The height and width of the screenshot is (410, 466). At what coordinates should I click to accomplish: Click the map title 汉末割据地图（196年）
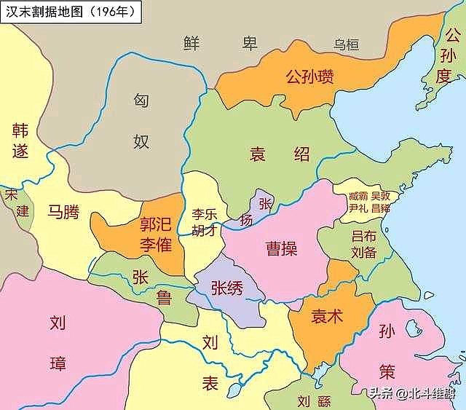tap(71, 12)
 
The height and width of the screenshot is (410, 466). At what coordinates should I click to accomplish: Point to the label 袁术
tap(328, 317)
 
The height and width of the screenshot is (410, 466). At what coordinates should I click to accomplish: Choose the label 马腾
tap(64, 212)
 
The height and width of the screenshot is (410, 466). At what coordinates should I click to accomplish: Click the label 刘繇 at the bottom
tap(314, 400)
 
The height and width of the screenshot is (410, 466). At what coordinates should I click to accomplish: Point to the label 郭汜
tap(156, 224)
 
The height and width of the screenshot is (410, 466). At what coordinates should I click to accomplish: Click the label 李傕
tap(156, 245)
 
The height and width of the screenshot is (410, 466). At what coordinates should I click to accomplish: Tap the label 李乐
tap(205, 215)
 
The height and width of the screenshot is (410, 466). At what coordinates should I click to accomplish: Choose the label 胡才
tap(205, 232)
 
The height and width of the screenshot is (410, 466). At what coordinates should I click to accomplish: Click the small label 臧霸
tap(358, 196)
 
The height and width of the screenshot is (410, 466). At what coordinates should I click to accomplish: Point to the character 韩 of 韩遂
tap(20, 130)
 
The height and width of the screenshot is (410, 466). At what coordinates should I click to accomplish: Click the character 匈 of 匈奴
tap(141, 102)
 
